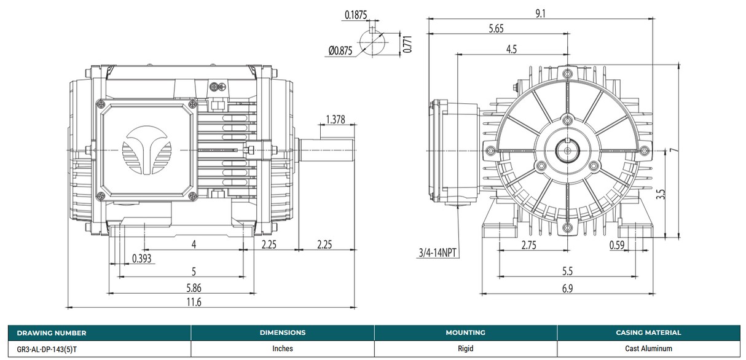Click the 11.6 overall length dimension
pos(194,301)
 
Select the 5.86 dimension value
pos(194,287)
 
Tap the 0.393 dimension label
pos(142,258)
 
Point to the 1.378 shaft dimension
pos(335,119)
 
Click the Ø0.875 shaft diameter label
pos(340,51)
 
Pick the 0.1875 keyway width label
pos(357,15)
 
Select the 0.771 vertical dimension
pos(406,44)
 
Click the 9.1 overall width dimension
pos(540,13)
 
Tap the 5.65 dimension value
pos(497,28)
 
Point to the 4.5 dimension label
pos(511,50)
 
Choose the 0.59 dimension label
pos(617,245)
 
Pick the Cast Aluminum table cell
pos(648,348)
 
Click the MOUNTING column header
pos(465,332)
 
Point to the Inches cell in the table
pos(282,348)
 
